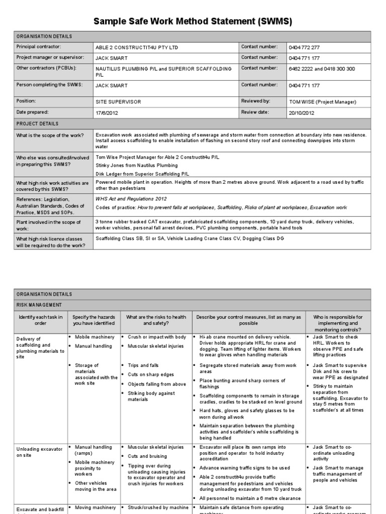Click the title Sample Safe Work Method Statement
192,22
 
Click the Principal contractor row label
39,47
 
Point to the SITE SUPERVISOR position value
118,101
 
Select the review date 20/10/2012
302,112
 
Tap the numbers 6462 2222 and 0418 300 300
322,69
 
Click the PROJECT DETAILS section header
37,123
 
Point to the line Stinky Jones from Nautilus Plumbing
136,165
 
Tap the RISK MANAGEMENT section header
39,305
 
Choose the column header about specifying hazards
93,320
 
